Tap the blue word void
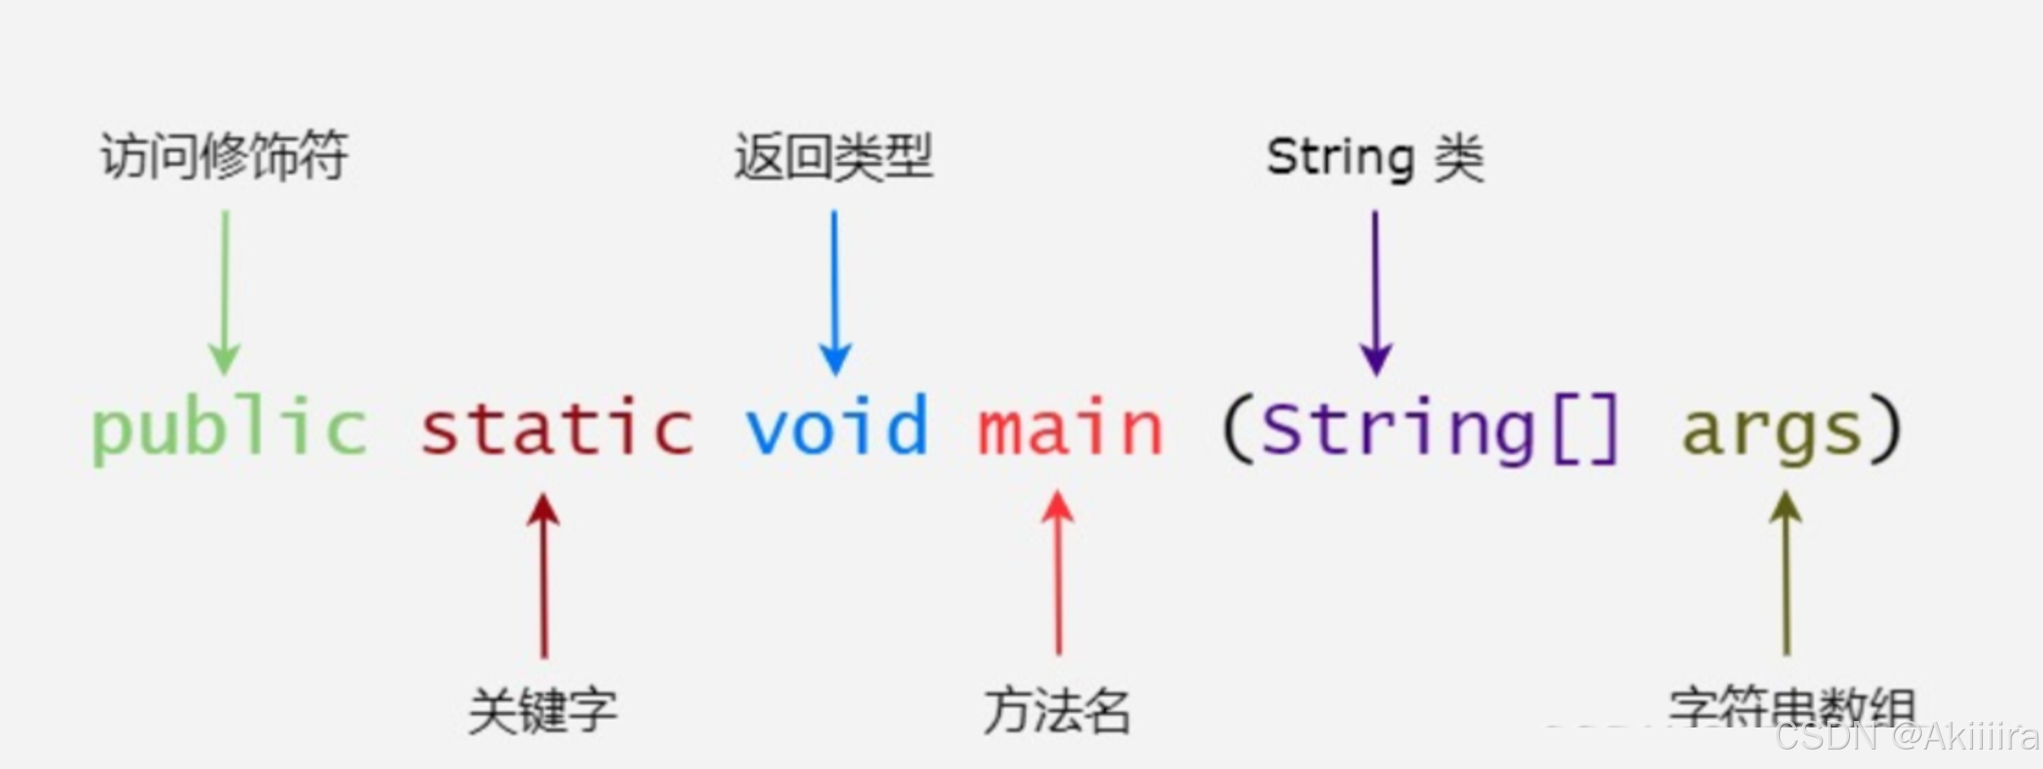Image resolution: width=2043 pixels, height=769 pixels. coord(837,426)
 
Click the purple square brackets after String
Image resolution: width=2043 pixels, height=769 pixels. coord(1587,429)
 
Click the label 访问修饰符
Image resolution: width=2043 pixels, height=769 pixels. coord(224,156)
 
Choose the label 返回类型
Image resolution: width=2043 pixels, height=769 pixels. coord(833,157)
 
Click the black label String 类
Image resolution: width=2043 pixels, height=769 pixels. coord(1375,158)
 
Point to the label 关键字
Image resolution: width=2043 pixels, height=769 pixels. coord(543,710)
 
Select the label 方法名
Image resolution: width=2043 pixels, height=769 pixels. coord(1057,710)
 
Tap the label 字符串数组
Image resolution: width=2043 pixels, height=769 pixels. coord(1790,707)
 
